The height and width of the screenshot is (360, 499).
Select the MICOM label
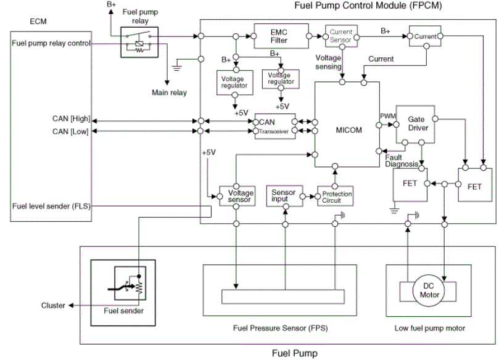coord(348,130)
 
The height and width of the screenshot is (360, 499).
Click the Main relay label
coord(169,92)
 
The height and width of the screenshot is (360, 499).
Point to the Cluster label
coord(53,305)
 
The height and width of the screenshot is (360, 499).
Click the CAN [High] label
coord(72,118)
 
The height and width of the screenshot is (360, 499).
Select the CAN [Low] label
coord(70,131)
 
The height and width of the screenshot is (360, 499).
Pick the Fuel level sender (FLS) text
coord(51,206)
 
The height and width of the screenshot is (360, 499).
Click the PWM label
coord(388,116)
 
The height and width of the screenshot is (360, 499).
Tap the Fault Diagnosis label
coord(402,161)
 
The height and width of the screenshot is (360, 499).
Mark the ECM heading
coord(38,22)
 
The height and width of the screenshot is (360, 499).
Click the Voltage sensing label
coord(328,62)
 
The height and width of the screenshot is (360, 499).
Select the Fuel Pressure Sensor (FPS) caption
coord(281,328)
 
